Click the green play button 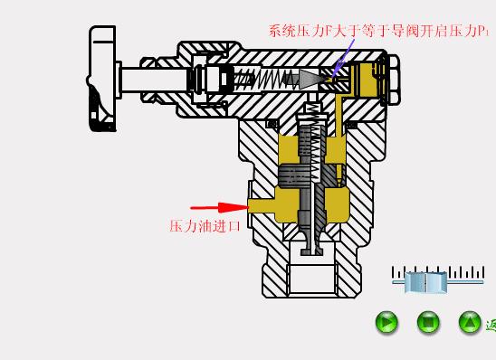(x=386, y=321)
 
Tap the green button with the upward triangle (x=470, y=321)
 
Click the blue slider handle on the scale (x=425, y=282)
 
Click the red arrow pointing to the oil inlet (x=218, y=206)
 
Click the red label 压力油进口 (x=205, y=226)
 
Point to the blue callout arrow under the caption (x=339, y=62)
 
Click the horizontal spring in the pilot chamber (x=272, y=80)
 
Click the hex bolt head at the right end (x=390, y=79)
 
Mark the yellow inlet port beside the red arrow (x=262, y=206)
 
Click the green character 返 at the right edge (x=491, y=325)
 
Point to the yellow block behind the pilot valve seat (x=366, y=80)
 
